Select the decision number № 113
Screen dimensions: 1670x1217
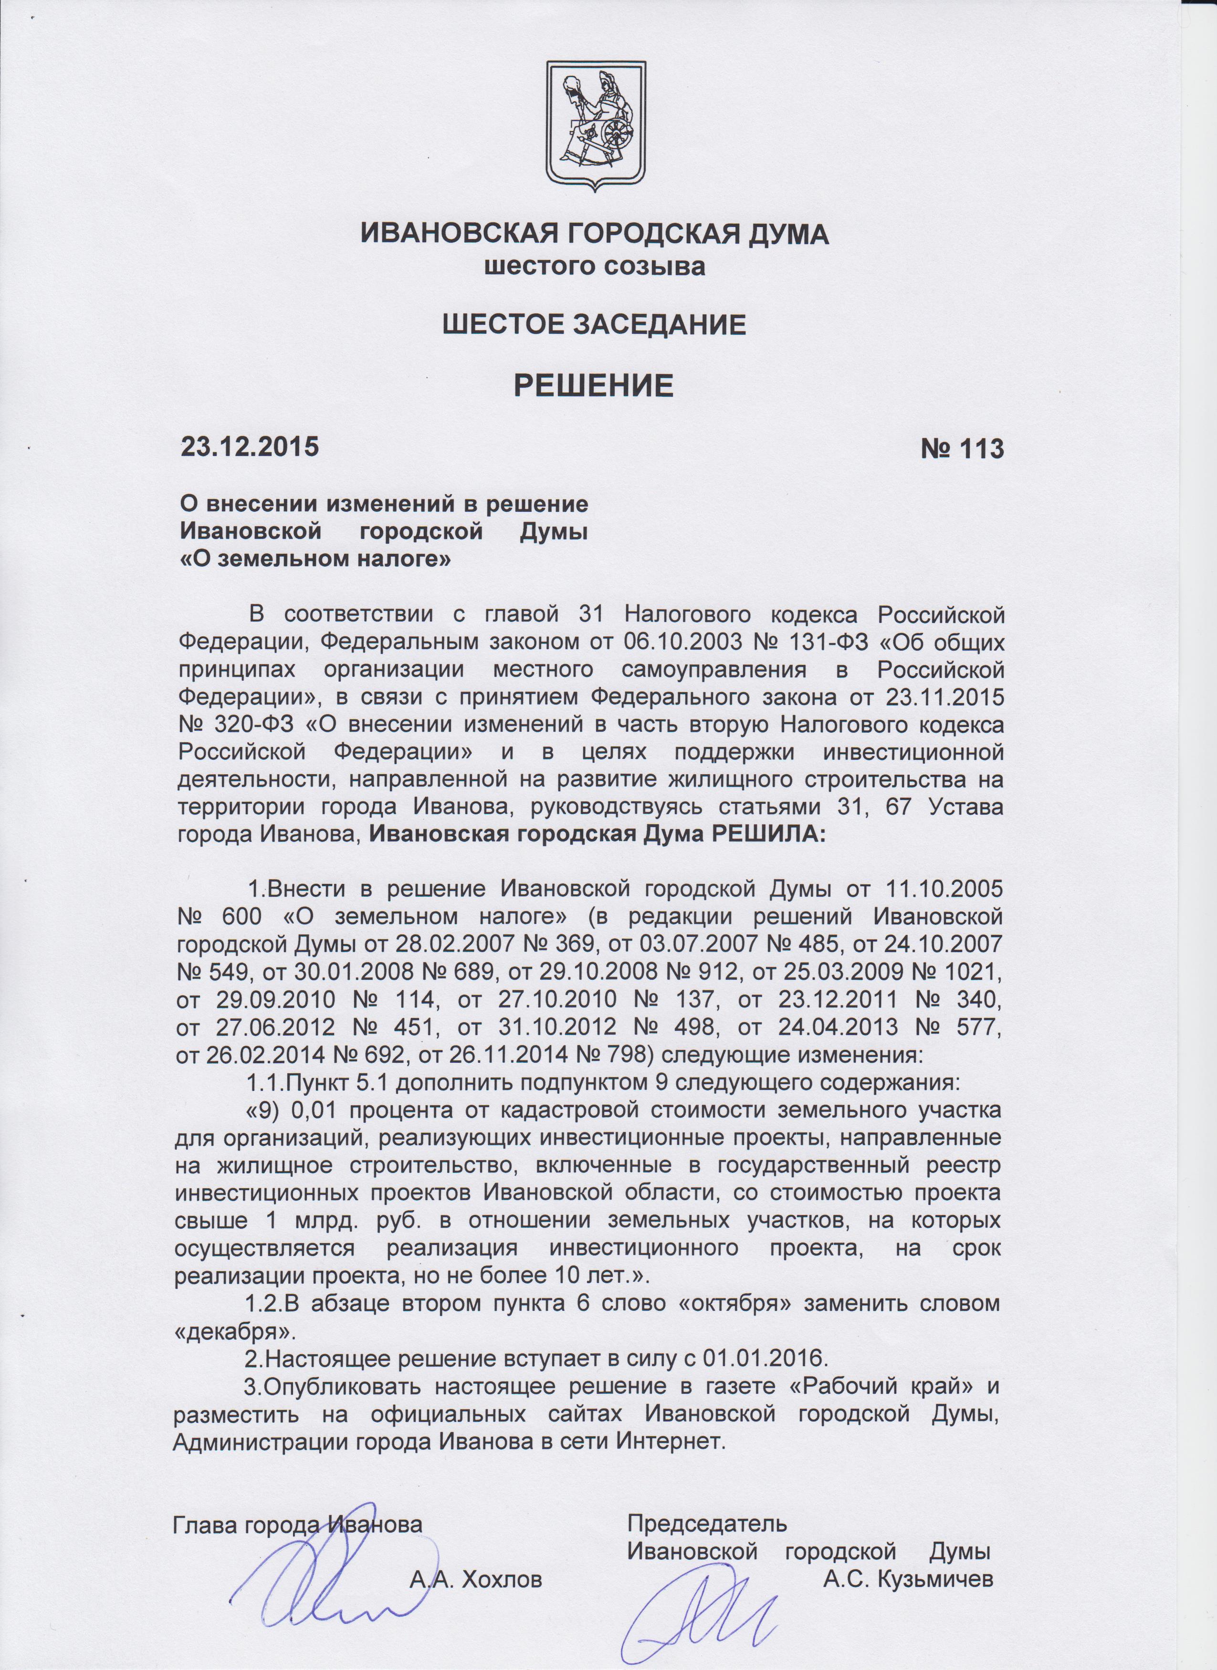tap(962, 448)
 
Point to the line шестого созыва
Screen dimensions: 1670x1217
tap(593, 267)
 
